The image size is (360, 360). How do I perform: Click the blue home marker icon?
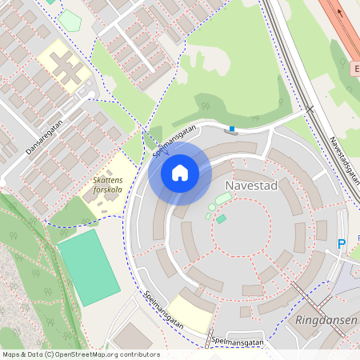[180, 173]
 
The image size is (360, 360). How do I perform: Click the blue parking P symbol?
[341, 244]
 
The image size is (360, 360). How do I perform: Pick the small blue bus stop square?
[232, 128]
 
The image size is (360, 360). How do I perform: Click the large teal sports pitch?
[88, 266]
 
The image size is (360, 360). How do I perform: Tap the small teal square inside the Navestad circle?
[221, 218]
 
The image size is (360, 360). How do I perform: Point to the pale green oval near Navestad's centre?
[224, 198]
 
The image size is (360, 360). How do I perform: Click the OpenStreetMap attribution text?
[80, 354]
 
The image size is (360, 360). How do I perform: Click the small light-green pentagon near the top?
[54, 2]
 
